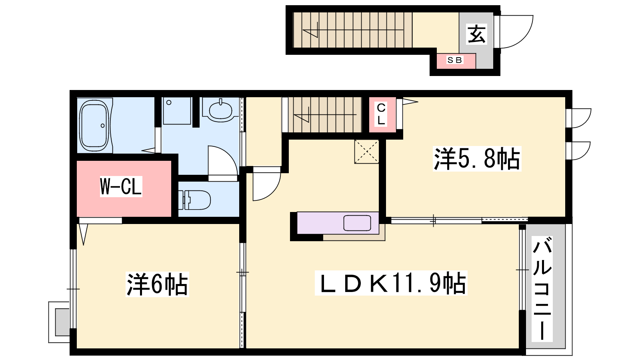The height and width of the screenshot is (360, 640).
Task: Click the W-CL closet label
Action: [121, 186]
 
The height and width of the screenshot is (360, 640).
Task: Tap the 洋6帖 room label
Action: [158, 284]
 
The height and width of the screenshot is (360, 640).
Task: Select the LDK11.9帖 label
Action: [391, 283]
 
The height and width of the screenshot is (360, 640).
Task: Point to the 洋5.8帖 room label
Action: [477, 159]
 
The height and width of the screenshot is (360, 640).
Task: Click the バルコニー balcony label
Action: [542, 289]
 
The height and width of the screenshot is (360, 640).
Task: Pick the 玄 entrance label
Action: [476, 34]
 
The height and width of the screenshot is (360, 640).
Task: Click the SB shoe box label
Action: [454, 60]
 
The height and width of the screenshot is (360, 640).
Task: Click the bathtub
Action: [94, 126]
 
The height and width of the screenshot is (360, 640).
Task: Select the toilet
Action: [194, 200]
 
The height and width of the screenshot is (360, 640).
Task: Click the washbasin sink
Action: [220, 110]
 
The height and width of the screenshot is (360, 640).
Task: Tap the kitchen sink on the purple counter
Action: [357, 223]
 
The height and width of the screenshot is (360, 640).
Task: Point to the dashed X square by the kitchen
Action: [366, 152]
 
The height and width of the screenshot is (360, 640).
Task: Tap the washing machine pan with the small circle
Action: [177, 111]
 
